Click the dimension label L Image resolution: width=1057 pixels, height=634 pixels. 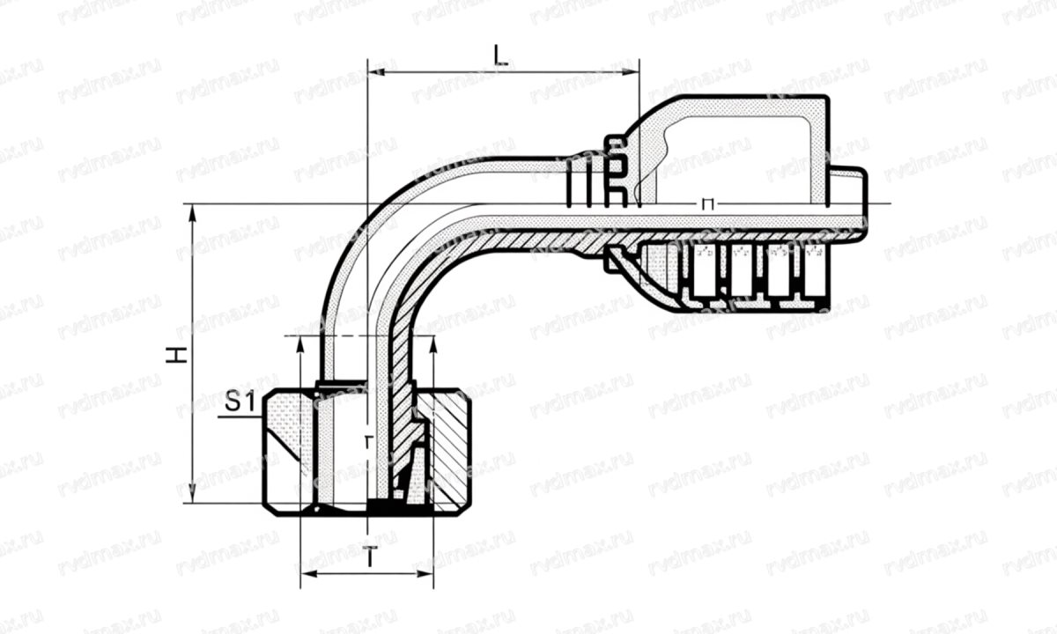[x=501, y=57]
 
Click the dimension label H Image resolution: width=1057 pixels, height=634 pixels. [x=179, y=355]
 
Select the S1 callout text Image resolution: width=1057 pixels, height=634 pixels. [x=239, y=403]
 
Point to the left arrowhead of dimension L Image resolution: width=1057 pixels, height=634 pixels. [x=373, y=71]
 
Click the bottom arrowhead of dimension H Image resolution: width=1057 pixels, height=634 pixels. [x=192, y=498]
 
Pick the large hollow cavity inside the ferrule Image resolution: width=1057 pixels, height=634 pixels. [x=740, y=158]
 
